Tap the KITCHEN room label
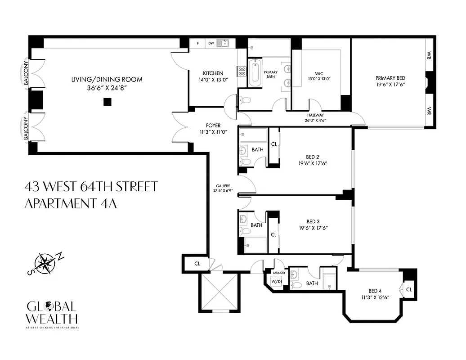click(x=213, y=73)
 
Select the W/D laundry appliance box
click(x=275, y=281)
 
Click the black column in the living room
click(x=107, y=102)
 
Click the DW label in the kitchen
click(x=211, y=44)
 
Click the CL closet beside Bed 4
click(x=409, y=289)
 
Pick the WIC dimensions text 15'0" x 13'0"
click(x=319, y=79)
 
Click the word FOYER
click(x=213, y=126)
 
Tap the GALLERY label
click(x=222, y=185)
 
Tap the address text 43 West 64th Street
click(x=91, y=186)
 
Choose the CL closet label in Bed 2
click(x=273, y=144)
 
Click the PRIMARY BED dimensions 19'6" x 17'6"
click(x=390, y=84)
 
